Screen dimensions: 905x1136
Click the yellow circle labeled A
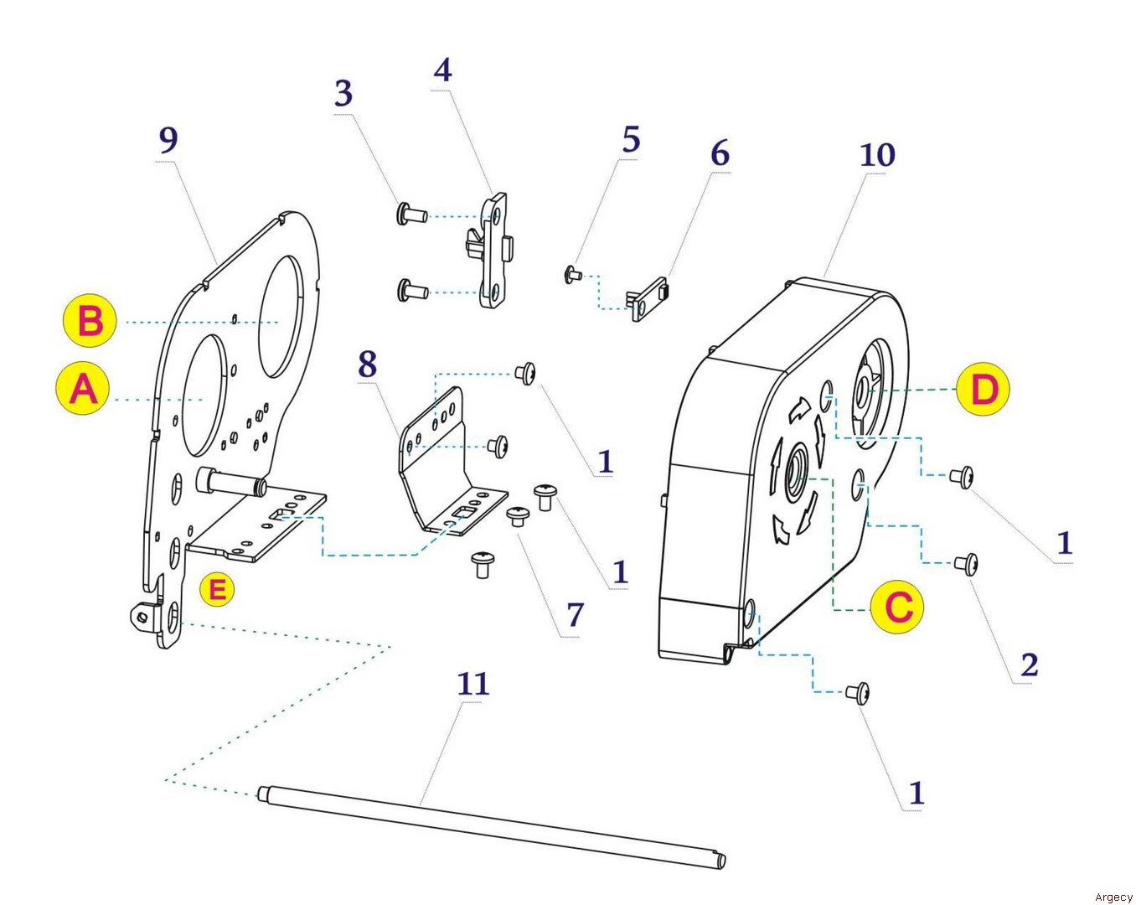[84, 390]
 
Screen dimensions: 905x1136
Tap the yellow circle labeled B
[90, 321]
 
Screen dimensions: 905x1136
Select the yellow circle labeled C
[898, 607]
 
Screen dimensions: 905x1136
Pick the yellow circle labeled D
[984, 389]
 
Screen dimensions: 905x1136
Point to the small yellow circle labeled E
[217, 589]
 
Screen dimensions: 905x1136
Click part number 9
[168, 139]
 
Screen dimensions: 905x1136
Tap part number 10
[877, 155]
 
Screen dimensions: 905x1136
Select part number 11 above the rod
[472, 684]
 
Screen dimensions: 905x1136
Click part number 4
[442, 70]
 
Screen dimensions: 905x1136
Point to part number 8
[367, 365]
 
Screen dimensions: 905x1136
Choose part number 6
[720, 153]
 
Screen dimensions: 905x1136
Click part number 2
[1029, 665]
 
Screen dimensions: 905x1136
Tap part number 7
[575, 614]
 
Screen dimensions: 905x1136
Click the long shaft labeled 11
[491, 825]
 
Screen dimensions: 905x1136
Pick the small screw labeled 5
[573, 273]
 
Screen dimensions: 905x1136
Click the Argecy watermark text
[1113, 897]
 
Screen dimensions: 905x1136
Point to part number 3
[343, 94]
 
